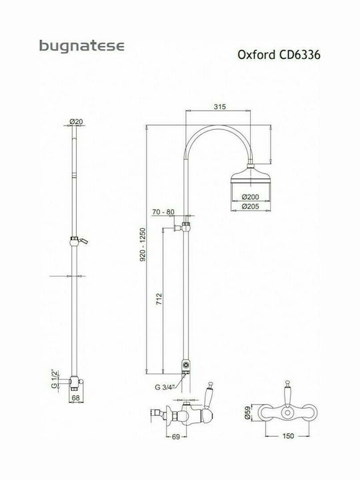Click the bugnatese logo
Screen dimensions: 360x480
pyautogui.click(x=82, y=46)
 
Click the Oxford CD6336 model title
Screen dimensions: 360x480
pyautogui.click(x=279, y=55)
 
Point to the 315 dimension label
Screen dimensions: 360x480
pyautogui.click(x=219, y=107)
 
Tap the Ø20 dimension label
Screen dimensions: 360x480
pyautogui.click(x=76, y=121)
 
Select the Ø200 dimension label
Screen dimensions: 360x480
pyautogui.click(x=251, y=197)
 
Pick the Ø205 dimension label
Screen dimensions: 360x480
pyautogui.click(x=251, y=206)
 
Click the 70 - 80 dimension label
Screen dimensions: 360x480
pyautogui.click(x=163, y=212)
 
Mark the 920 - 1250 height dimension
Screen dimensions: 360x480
pyautogui.click(x=143, y=244)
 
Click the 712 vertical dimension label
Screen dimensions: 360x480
pyautogui.click(x=159, y=299)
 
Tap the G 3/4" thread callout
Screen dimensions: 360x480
pyautogui.click(x=165, y=387)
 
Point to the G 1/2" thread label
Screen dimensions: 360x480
pyautogui.click(x=55, y=379)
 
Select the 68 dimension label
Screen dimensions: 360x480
pyautogui.click(x=75, y=398)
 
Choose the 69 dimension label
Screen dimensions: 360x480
pyautogui.click(x=176, y=437)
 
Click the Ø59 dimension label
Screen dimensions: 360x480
pyautogui.click(x=247, y=413)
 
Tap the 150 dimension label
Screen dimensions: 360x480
pyautogui.click(x=288, y=435)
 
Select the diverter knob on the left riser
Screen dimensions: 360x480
pyautogui.click(x=79, y=241)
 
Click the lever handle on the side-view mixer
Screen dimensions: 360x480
pyautogui.click(x=209, y=392)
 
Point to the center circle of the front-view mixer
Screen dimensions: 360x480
pyautogui.click(x=287, y=413)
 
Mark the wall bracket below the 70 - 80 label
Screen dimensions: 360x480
pyautogui.click(x=182, y=227)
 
